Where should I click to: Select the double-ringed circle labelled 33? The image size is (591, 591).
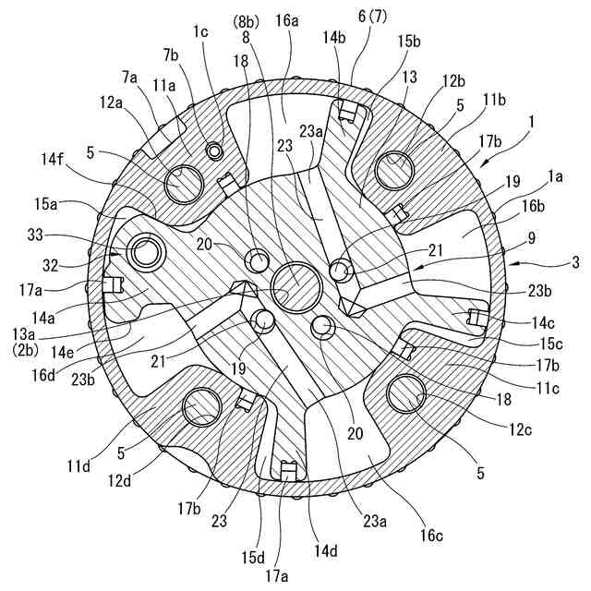click(145, 249)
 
